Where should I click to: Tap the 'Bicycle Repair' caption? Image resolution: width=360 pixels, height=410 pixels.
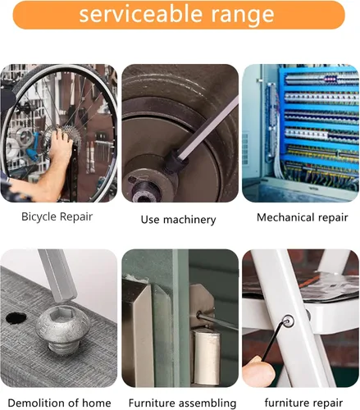tap(57, 217)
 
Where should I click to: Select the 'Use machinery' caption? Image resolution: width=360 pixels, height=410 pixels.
tap(178, 219)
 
